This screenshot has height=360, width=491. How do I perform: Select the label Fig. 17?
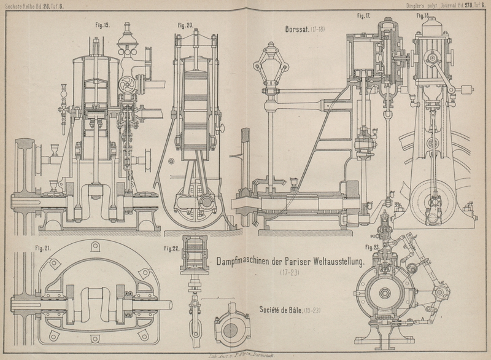point(364,15)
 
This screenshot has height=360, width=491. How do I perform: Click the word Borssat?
point(297,29)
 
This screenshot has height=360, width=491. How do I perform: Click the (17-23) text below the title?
point(290,272)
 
